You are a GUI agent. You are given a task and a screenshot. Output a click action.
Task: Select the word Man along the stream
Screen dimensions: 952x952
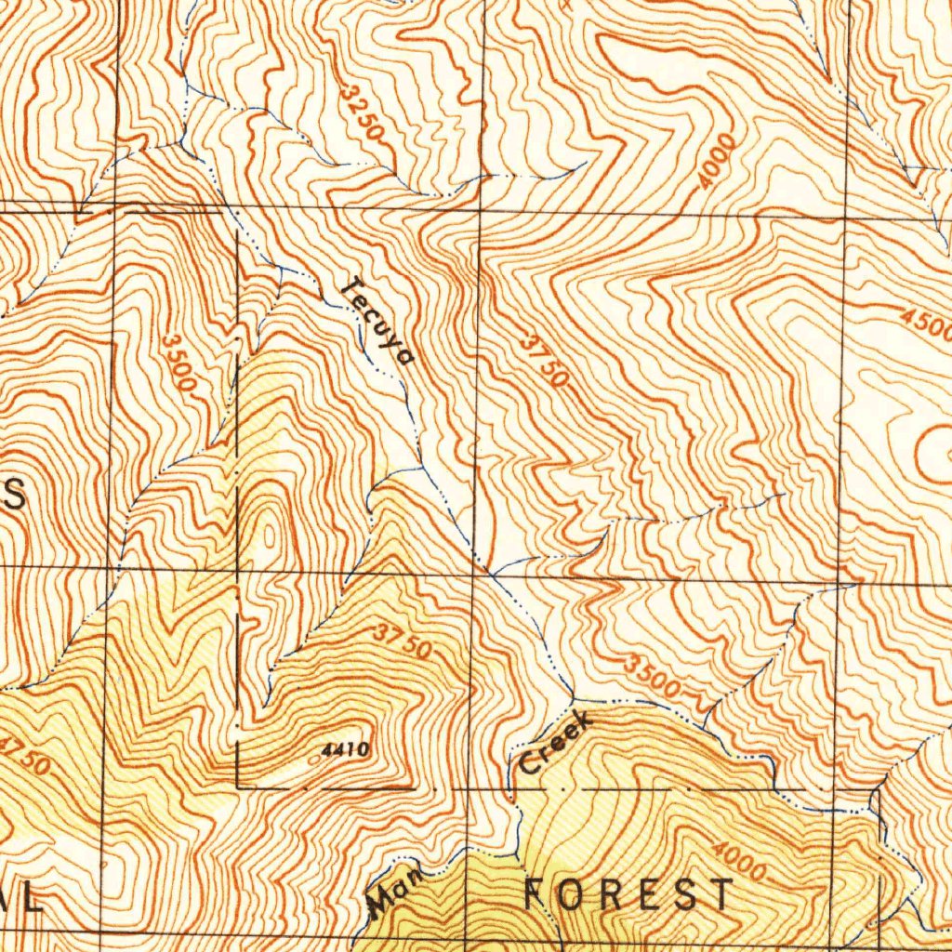(396, 890)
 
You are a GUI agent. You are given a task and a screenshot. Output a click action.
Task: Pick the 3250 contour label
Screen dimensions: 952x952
(363, 112)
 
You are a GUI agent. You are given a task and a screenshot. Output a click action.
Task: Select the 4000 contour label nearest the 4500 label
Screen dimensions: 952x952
(717, 161)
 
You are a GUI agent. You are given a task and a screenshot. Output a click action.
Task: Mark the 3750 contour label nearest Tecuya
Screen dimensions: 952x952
(544, 362)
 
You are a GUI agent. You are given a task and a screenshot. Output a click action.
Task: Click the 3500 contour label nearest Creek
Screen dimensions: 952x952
(652, 677)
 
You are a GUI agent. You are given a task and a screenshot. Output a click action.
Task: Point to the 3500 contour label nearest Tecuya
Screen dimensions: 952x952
(178, 363)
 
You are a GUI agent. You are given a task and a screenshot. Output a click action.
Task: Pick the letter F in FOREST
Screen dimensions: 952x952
(538, 894)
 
